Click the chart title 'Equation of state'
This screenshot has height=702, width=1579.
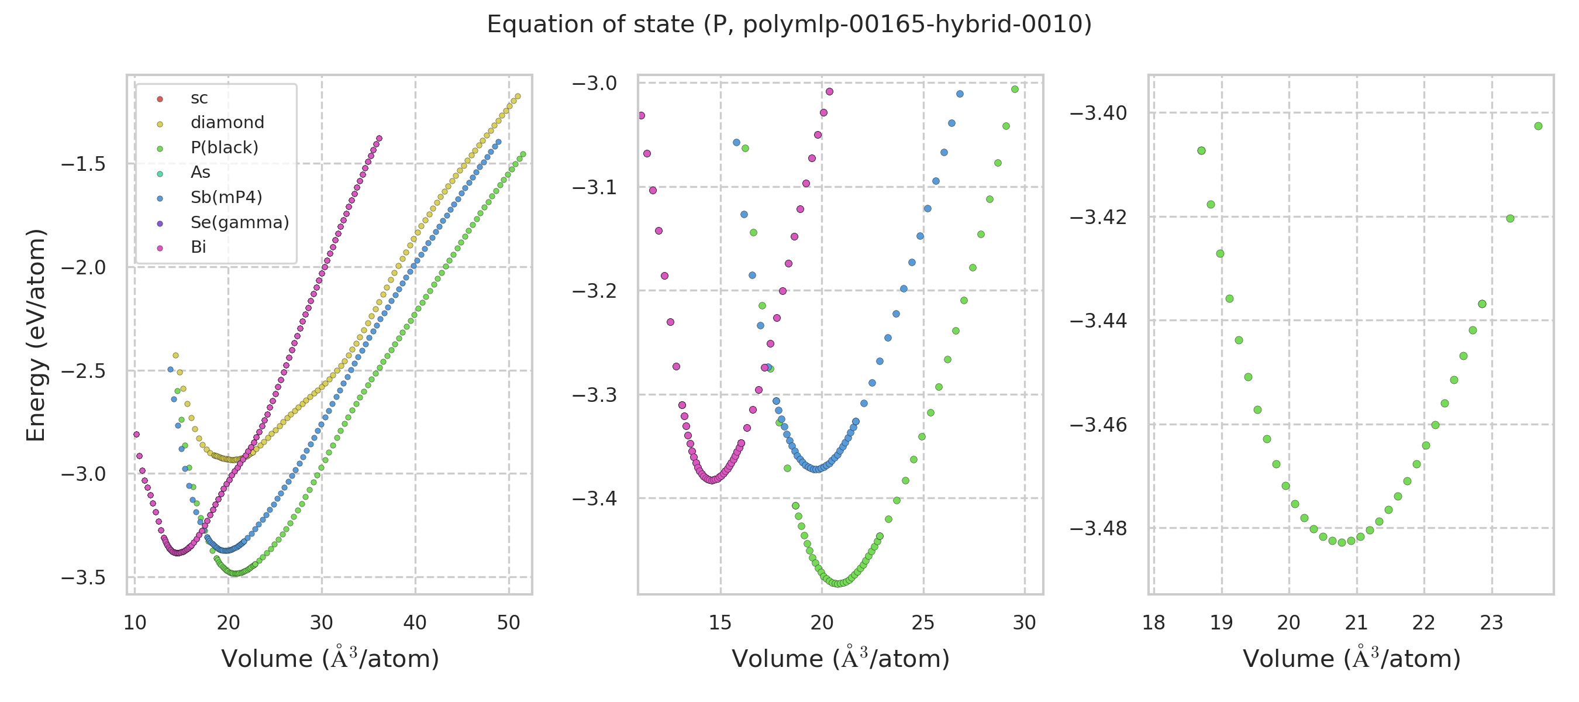point(789,25)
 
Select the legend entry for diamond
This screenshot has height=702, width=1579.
point(227,123)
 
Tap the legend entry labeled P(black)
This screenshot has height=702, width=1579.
point(225,148)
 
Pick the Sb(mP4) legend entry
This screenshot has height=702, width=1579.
point(226,197)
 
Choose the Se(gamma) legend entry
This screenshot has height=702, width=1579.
point(240,222)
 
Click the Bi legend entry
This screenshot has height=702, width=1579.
point(198,247)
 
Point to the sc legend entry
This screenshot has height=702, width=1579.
point(199,98)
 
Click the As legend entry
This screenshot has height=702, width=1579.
point(201,172)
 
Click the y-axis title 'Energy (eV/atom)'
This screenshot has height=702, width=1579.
point(36,335)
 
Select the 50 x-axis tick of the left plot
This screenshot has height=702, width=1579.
point(508,623)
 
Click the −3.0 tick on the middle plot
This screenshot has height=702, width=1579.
point(594,84)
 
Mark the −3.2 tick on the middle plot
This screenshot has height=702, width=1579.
point(594,291)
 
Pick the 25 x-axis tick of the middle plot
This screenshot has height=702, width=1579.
point(923,623)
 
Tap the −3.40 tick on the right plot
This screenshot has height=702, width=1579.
point(1098,113)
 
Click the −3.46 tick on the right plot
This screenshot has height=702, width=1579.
point(1098,425)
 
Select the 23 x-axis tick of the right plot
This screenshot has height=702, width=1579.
point(1491,623)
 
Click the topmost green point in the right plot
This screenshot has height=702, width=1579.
point(1538,126)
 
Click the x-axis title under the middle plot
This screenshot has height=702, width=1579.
point(840,659)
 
